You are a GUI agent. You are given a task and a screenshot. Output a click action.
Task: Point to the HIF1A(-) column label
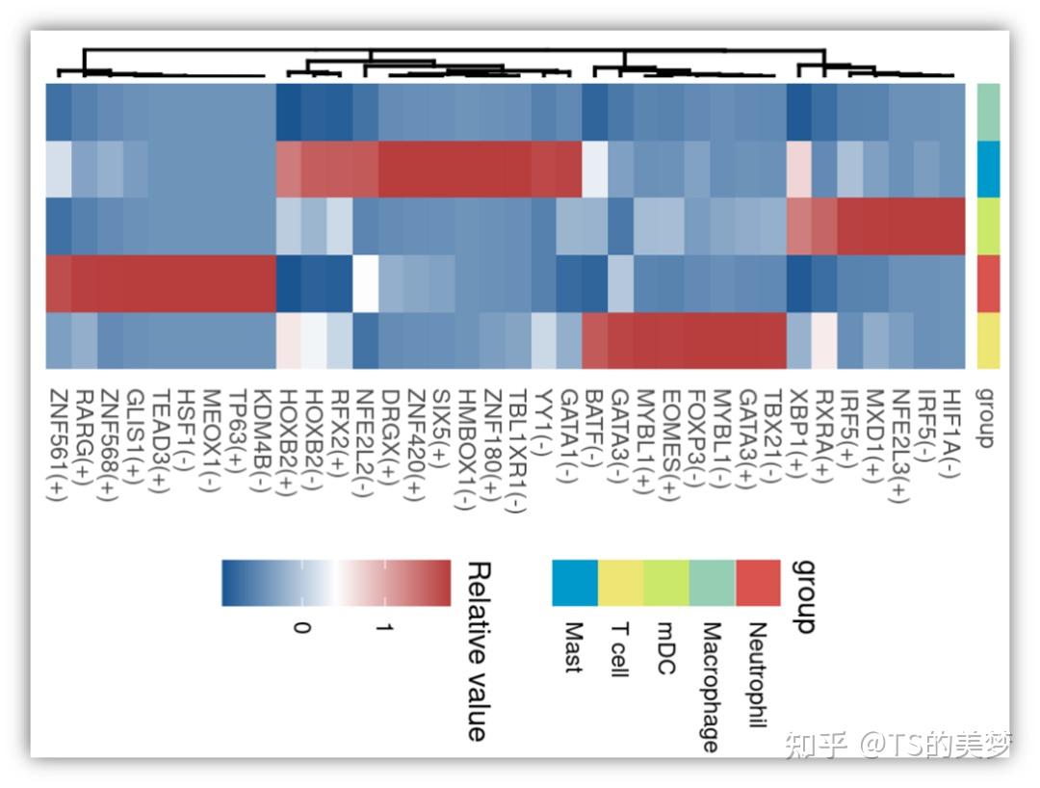coord(952,430)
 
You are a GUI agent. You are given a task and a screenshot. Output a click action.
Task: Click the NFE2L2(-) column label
coord(365,442)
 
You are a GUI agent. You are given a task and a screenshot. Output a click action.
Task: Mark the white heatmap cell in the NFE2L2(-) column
coord(365,283)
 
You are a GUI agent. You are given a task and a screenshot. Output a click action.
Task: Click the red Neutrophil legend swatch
coord(758,583)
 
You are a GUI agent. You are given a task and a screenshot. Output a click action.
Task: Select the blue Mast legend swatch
coord(575,583)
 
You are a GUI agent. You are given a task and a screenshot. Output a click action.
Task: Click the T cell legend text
coord(619,650)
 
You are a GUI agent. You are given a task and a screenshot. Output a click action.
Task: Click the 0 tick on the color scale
coord(302,627)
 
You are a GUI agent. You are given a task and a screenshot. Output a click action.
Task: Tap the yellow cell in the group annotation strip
coord(989,340)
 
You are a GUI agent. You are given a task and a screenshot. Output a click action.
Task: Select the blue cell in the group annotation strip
coord(989,169)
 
